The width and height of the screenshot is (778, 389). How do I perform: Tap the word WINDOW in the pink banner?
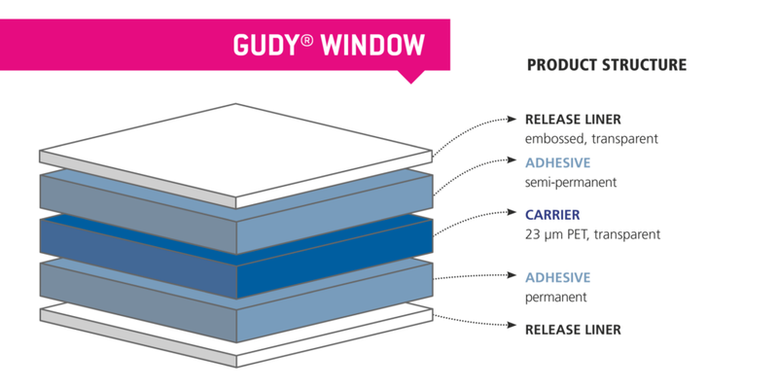373,45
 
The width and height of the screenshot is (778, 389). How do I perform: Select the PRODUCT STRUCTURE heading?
606,65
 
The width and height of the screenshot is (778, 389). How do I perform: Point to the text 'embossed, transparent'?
591,139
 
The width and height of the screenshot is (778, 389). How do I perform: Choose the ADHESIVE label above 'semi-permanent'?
558,162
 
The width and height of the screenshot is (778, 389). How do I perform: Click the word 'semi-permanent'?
570,182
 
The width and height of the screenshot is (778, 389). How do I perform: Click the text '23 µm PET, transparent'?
592,233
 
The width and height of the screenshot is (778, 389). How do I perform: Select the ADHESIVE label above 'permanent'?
558,277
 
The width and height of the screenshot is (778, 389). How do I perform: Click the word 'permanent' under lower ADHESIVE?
555,297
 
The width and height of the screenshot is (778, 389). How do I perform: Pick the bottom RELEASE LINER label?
572,330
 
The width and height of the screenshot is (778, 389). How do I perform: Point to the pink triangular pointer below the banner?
413,75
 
